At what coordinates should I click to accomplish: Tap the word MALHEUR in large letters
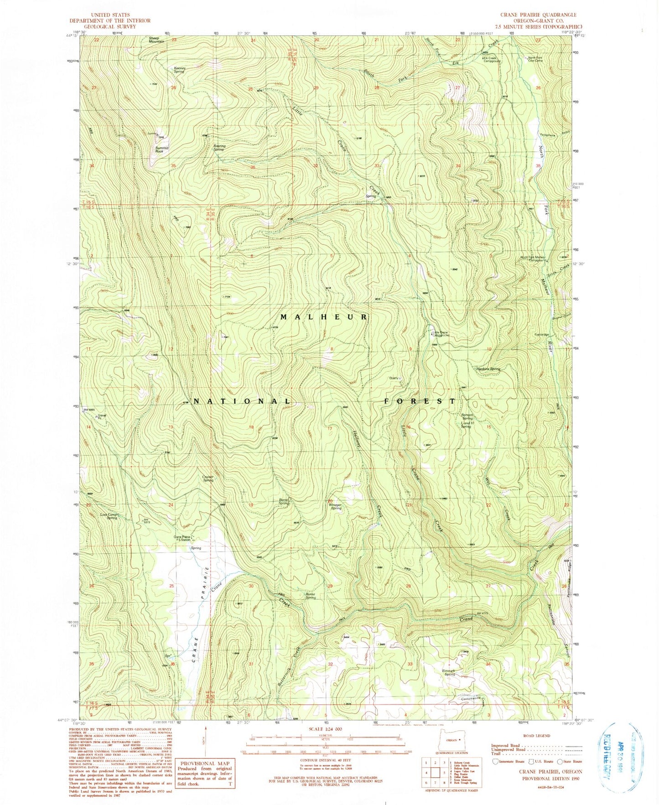[323, 317]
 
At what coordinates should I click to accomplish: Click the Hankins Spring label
[489, 369]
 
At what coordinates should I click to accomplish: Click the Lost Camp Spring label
[109, 516]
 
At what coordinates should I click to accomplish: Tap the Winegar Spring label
[336, 506]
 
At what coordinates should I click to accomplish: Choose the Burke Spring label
[311, 596]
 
